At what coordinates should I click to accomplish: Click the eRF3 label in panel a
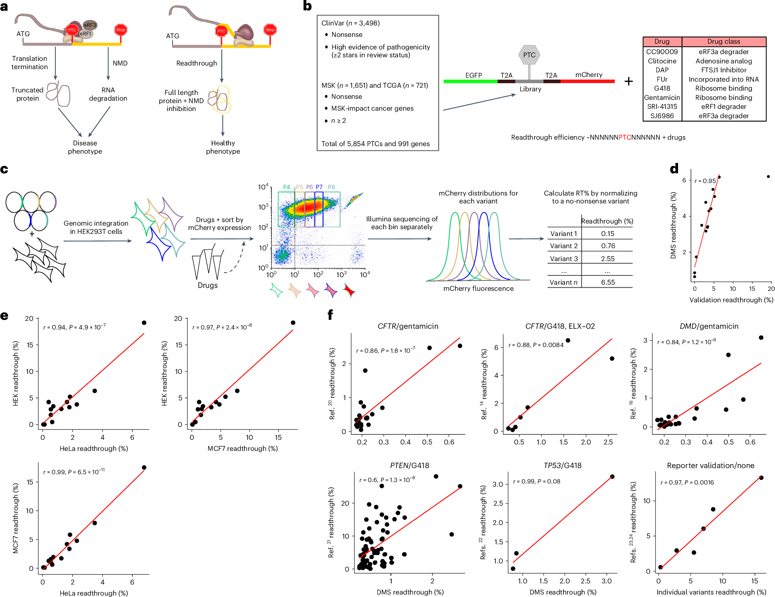[x=90, y=25]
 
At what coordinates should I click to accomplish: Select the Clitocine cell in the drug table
[x=662, y=61]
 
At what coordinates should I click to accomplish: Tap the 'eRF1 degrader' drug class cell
[x=724, y=106]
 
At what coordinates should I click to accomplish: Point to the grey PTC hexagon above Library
[x=529, y=55]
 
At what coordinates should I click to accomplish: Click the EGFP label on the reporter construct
[x=474, y=75]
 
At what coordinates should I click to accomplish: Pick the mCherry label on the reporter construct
[x=589, y=74]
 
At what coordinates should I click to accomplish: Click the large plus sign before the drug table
[x=628, y=82]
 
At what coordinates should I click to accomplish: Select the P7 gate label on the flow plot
[x=319, y=187]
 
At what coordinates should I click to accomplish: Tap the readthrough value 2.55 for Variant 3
[x=608, y=259]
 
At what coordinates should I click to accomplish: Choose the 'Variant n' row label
[x=563, y=282]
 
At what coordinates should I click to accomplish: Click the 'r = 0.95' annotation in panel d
[x=705, y=181]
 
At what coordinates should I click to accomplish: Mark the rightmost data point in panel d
[x=768, y=177]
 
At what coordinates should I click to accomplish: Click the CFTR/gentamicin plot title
[x=408, y=326]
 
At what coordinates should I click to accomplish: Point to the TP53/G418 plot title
[x=562, y=465]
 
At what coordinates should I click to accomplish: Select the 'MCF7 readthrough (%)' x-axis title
[x=242, y=448]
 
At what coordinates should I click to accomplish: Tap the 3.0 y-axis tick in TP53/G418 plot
[x=497, y=485]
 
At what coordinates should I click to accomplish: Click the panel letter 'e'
[x=4, y=316]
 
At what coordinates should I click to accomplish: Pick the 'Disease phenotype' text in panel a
[x=85, y=147]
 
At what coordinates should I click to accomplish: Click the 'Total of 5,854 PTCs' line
[x=375, y=144]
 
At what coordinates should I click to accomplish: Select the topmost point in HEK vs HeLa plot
[x=144, y=323]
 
